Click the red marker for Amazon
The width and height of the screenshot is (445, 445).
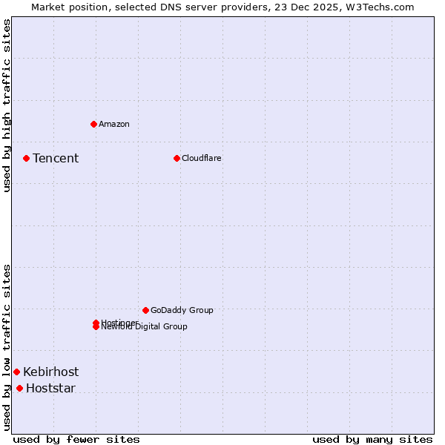click(x=93, y=124)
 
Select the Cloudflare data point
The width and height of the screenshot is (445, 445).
click(x=177, y=158)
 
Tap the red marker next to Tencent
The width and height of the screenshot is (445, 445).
click(x=26, y=158)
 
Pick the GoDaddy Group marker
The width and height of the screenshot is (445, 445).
click(x=145, y=310)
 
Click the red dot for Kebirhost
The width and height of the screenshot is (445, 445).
click(x=16, y=372)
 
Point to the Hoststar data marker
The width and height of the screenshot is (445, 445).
click(x=19, y=388)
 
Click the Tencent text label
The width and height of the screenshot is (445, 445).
click(x=56, y=158)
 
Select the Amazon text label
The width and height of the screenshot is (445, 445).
click(x=114, y=124)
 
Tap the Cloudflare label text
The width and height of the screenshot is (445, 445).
click(x=202, y=158)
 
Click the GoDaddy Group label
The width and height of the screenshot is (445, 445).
click(x=182, y=310)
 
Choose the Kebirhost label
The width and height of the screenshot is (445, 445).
click(x=50, y=372)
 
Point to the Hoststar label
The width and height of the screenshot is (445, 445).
click(x=50, y=388)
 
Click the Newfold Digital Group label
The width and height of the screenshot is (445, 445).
click(x=145, y=327)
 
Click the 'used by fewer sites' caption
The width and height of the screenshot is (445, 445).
click(x=76, y=439)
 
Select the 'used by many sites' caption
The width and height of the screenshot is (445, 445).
click(x=372, y=439)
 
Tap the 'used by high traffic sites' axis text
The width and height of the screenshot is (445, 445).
click(x=7, y=105)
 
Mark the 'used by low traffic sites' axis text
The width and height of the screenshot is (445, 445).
click(x=7, y=347)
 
